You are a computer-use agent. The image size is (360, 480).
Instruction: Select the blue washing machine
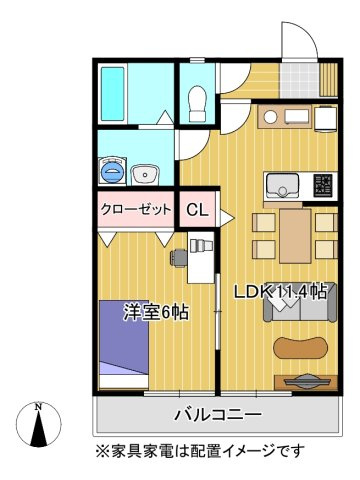pyautogui.click(x=112, y=172)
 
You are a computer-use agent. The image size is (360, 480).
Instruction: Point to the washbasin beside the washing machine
pyautogui.click(x=146, y=172)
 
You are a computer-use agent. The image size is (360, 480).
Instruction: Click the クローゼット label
pyautogui.click(x=135, y=210)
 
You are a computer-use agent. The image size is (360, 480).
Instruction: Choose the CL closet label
pyautogui.click(x=197, y=211)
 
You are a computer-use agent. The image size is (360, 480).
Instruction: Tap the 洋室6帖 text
pyautogui.click(x=157, y=311)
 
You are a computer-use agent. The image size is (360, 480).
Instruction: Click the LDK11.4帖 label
pyautogui.click(x=281, y=292)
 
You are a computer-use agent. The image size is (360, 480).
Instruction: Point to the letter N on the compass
pyautogui.click(x=38, y=407)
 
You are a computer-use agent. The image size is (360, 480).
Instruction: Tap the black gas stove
pyautogui.click(x=325, y=185)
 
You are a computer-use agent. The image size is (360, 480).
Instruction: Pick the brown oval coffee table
pyautogui.click(x=300, y=348)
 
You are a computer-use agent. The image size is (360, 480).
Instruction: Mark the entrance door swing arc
pyautogui.click(x=293, y=40)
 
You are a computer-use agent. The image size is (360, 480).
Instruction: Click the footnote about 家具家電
pyautogui.click(x=201, y=449)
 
